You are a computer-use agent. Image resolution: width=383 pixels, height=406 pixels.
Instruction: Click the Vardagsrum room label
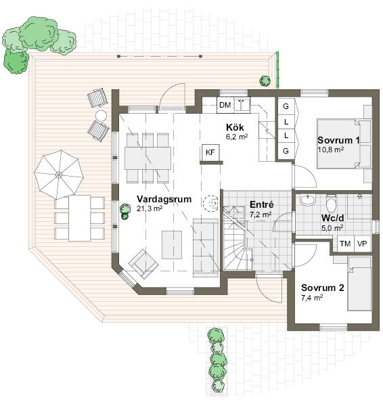[x=164, y=199]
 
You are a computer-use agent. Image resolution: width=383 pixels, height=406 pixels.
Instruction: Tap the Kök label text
[x=235, y=127]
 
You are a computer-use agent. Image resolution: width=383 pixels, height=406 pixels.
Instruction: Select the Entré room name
[x=262, y=204]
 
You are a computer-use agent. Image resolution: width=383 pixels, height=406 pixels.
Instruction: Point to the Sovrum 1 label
[x=338, y=140]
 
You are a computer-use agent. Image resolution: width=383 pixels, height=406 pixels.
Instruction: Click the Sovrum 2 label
[x=323, y=288]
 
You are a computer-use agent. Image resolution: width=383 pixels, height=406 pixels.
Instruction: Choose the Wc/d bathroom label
[x=333, y=218]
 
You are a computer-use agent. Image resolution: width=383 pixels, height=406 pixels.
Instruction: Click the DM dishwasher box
[x=225, y=105]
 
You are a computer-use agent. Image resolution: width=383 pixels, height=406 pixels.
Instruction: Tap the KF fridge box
[x=210, y=152]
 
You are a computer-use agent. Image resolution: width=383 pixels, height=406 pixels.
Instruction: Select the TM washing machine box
[x=345, y=244]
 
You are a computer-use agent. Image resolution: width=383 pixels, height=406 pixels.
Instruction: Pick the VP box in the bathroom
[x=362, y=244]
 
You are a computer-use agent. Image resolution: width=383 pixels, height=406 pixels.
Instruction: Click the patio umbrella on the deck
[x=59, y=175]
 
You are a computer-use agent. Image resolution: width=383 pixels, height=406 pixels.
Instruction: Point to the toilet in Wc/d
[x=331, y=203]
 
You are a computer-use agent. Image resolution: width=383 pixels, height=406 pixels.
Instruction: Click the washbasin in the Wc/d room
[x=308, y=200]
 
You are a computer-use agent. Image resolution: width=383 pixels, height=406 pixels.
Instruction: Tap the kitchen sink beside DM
[x=242, y=104]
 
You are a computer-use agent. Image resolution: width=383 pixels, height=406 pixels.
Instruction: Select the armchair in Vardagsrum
[x=143, y=264]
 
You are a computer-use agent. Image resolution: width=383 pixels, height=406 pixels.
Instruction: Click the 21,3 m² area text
[x=150, y=208]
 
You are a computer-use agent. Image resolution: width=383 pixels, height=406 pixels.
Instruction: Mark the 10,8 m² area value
[x=331, y=150]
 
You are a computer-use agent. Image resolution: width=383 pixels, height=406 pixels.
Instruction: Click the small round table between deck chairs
[x=101, y=116]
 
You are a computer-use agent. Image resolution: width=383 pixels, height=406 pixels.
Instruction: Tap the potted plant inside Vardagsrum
[x=125, y=211]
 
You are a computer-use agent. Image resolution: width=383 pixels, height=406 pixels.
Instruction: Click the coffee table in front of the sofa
[x=172, y=245]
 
